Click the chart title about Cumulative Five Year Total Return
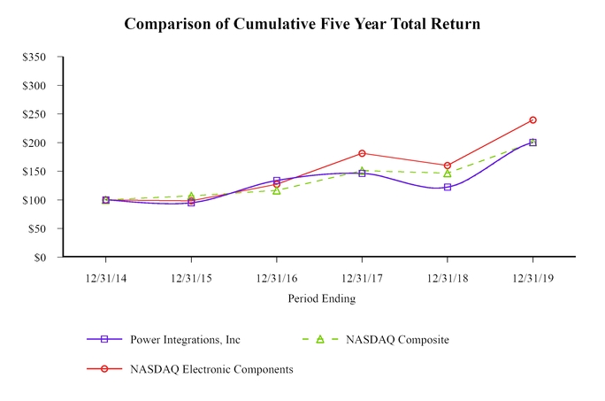302,24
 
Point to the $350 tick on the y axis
42,58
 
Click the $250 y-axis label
42,114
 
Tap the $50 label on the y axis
44,228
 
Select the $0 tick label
49,258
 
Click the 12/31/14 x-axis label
106,277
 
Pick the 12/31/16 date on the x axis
277,277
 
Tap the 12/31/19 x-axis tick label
532,277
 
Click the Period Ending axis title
321,298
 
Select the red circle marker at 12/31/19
532,120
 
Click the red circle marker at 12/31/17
362,153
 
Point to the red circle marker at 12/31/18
448,166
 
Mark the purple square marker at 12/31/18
448,187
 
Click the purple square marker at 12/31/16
277,181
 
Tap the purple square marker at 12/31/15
191,203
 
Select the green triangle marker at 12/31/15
191,196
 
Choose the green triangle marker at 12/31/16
277,190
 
